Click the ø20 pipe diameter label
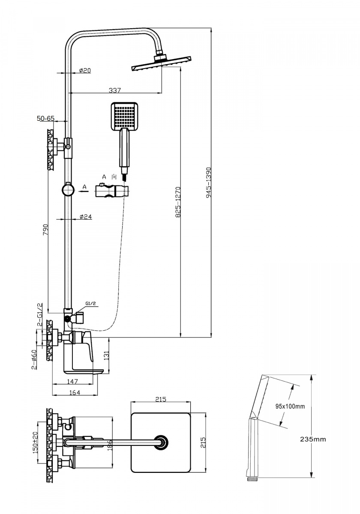pyautogui.click(x=85, y=70)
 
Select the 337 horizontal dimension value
pyautogui.click(x=114, y=90)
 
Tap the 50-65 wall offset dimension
pyautogui.click(x=46, y=118)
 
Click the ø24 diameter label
pyautogui.click(x=86, y=216)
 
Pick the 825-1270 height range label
pyautogui.click(x=178, y=202)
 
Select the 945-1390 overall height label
pyautogui.click(x=209, y=182)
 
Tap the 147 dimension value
pyautogui.click(x=72, y=381)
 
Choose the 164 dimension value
pyautogui.click(x=75, y=393)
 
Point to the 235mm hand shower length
pyautogui.click(x=313, y=439)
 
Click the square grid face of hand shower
pyautogui.click(x=124, y=116)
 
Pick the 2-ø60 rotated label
pyautogui.click(x=34, y=359)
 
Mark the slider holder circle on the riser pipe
pyautogui.click(x=68, y=190)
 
